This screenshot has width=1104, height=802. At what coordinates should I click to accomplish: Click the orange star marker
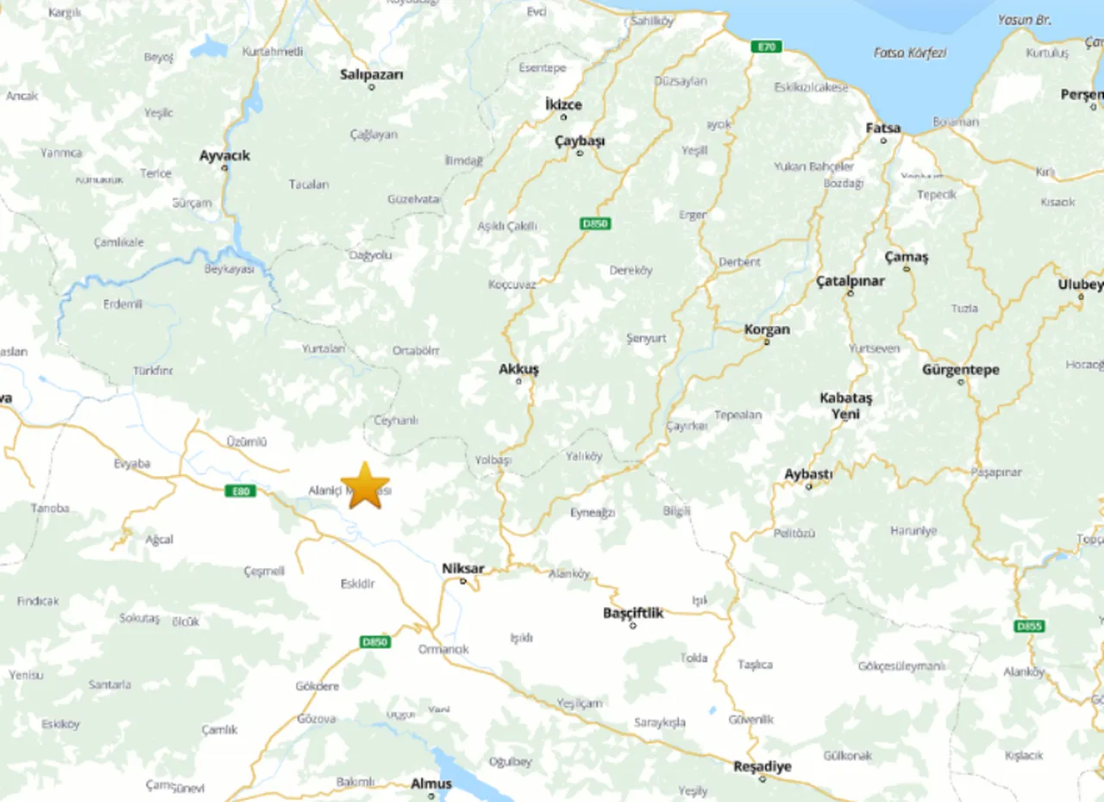pyautogui.click(x=366, y=486)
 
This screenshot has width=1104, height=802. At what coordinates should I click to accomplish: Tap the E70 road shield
pyautogui.click(x=765, y=47)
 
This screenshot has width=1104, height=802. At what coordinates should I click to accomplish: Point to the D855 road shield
pyautogui.click(x=1028, y=626)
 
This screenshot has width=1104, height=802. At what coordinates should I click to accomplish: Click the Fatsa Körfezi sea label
pyautogui.click(x=910, y=53)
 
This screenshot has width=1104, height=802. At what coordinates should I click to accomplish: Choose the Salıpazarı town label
pyautogui.click(x=372, y=75)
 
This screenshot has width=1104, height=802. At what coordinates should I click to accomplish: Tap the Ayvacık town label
pyautogui.click(x=224, y=155)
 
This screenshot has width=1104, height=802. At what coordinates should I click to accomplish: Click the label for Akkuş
pyautogui.click(x=518, y=369)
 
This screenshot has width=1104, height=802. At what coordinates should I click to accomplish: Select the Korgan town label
pyautogui.click(x=767, y=329)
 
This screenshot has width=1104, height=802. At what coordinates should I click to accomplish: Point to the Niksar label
pyautogui.click(x=462, y=568)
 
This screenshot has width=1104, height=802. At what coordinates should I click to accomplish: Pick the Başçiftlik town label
pyautogui.click(x=633, y=613)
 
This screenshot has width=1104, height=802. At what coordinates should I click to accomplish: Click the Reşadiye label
pyautogui.click(x=762, y=766)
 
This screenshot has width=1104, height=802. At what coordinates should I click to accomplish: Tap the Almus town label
pyautogui.click(x=430, y=784)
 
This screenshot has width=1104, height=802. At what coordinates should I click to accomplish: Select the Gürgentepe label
pyautogui.click(x=961, y=370)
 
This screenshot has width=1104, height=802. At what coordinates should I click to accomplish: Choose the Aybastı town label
pyautogui.click(x=808, y=474)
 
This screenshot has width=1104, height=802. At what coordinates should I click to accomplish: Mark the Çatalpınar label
pyautogui.click(x=850, y=281)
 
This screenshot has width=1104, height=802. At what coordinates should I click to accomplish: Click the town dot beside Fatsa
pyautogui.click(x=883, y=141)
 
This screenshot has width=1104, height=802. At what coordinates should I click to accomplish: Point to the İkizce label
pyautogui.click(x=563, y=104)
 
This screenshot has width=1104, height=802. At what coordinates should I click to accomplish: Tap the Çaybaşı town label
pyautogui.click(x=580, y=141)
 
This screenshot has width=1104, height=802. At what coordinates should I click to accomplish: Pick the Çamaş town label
pyautogui.click(x=906, y=257)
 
